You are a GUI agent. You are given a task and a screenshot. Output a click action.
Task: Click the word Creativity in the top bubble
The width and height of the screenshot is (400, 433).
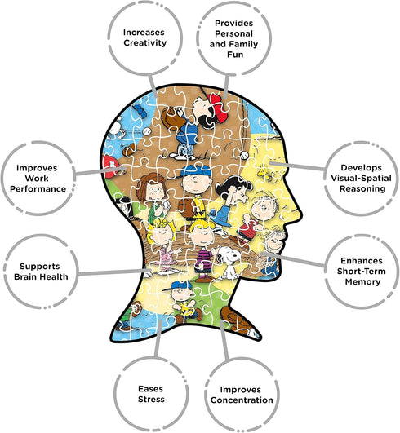144,43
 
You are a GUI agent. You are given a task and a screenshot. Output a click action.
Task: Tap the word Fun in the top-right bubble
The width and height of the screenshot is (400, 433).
235,55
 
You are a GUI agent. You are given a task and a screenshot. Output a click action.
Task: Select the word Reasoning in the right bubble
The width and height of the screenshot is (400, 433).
362,189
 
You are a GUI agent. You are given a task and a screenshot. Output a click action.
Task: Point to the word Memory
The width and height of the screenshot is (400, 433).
362,281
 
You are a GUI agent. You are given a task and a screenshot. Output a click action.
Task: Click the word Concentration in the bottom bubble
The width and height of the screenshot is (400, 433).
242,400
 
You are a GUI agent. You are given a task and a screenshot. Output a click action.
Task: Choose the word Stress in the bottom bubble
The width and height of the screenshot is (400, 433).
151,400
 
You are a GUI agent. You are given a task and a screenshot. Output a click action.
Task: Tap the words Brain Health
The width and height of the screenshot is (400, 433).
41,276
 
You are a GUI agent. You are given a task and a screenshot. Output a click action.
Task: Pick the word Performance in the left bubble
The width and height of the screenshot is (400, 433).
38,189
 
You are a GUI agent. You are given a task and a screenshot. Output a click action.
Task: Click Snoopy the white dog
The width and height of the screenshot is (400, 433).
229,261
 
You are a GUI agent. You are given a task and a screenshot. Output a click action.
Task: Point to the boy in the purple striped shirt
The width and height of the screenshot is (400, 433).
204,250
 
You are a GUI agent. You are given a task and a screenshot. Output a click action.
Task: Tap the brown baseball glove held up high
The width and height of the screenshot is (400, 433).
170,118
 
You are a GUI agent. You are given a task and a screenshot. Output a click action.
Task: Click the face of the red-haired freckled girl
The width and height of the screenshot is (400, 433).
154,191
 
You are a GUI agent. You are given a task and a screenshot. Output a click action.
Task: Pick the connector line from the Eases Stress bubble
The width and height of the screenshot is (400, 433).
158,338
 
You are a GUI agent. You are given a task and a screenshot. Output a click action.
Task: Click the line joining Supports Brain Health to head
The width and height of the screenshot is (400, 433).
115,272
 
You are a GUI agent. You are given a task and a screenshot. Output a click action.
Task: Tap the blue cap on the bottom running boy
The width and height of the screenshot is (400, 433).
177,285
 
